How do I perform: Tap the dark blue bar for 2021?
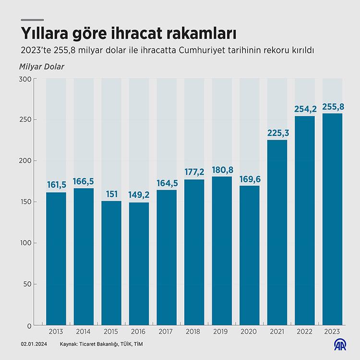click(277, 232)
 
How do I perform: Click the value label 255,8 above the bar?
click(332, 106)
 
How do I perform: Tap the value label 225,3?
click(277, 132)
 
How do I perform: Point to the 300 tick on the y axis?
click(25, 78)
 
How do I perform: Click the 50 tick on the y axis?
click(27, 284)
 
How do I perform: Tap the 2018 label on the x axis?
click(194, 331)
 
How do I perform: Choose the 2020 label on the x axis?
click(249, 331)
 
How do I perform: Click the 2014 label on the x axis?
click(84, 331)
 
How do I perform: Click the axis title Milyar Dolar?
click(42, 66)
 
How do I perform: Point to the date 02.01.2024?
click(33, 344)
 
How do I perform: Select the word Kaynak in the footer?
click(70, 344)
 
